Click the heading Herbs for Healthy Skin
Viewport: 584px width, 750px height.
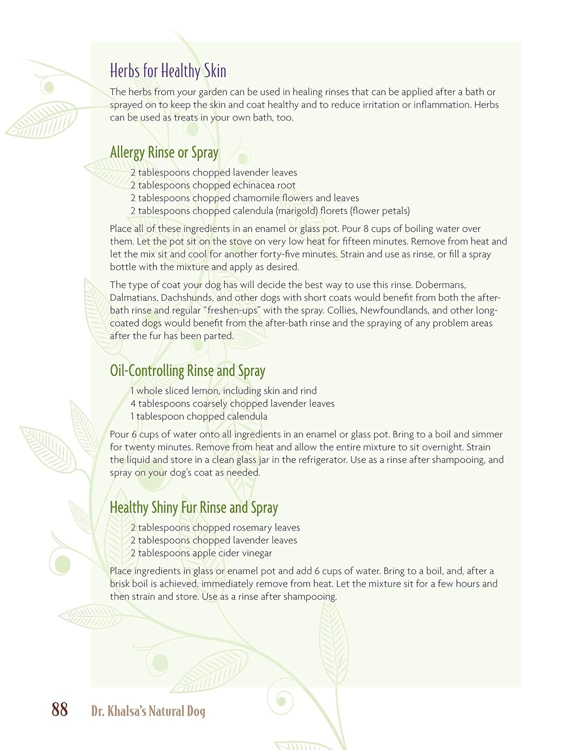coord(168,71)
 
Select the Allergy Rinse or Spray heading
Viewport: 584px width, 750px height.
coord(164,152)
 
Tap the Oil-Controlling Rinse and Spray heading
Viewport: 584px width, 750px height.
coord(187,371)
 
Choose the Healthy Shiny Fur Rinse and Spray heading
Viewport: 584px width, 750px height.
coord(193,507)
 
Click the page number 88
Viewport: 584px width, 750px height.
coord(59,709)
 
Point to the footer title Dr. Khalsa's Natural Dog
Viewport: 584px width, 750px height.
coord(148,711)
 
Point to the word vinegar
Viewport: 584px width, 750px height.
coord(255,553)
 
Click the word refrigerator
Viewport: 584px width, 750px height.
coord(313,460)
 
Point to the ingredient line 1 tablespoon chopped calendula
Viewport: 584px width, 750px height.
coord(199,416)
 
